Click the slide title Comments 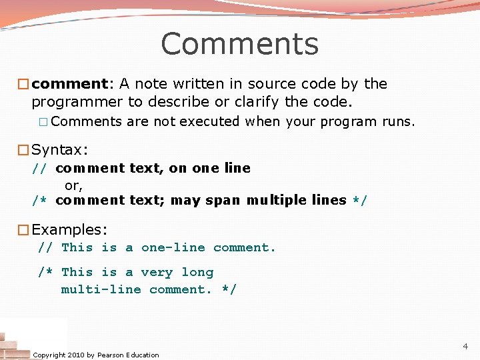tap(239, 44)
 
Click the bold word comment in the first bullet tap(69, 84)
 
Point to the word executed tap(209, 122)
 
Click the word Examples tap(69, 230)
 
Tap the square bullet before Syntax tap(23, 150)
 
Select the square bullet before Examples tap(23, 231)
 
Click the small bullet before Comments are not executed tap(43, 122)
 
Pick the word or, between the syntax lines tap(73, 185)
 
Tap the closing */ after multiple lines tap(360, 200)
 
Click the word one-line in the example tap(173, 248)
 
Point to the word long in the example tap(197, 272)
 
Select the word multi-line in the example tap(101, 289)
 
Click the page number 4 tap(465, 347)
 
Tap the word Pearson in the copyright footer tap(111, 355)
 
